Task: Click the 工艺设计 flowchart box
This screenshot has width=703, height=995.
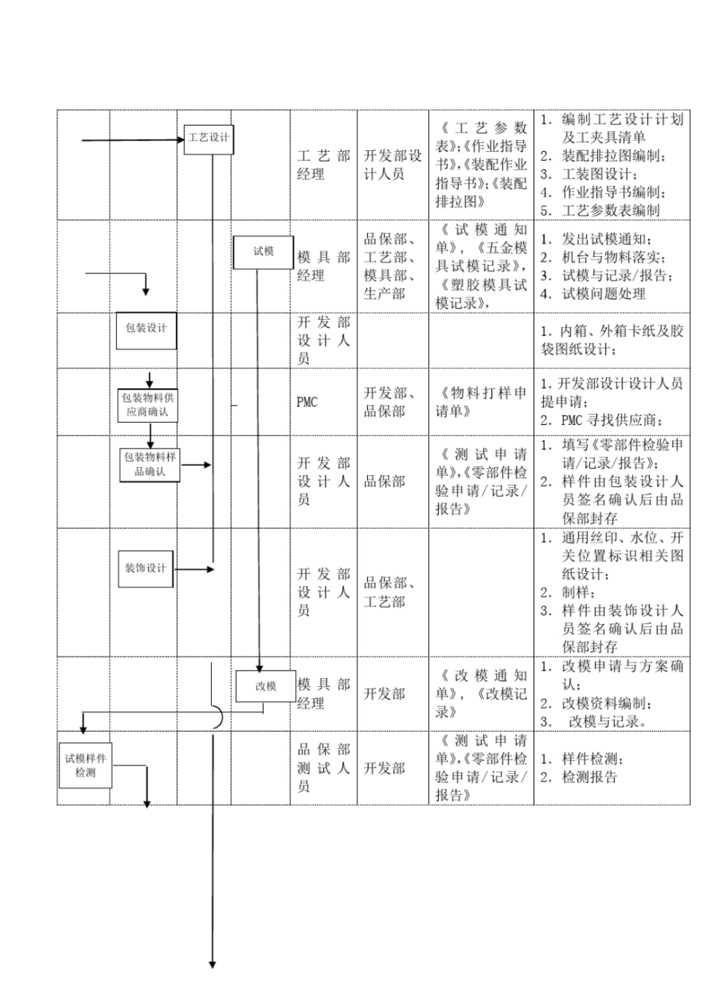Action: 209,138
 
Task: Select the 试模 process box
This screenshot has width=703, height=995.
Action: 263,252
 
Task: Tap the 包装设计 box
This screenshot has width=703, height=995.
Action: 147,329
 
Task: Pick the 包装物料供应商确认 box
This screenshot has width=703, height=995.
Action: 148,404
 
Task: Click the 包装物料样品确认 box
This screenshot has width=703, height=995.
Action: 150,464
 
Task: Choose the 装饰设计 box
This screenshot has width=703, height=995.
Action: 146,569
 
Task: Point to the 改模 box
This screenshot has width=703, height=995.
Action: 266,686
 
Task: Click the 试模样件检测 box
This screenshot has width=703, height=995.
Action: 85,766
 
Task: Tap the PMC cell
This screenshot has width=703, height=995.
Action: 307,402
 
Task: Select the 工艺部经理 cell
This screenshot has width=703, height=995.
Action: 323,165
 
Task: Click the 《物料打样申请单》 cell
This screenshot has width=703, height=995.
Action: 481,402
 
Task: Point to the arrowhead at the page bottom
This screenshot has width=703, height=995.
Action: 212,964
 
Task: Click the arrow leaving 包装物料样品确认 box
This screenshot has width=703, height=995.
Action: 196,465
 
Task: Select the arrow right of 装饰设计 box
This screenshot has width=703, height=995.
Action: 195,569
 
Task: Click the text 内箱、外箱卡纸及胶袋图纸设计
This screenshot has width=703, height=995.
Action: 611,340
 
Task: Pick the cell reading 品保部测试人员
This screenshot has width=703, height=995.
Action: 323,768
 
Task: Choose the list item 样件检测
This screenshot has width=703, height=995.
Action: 592,759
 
